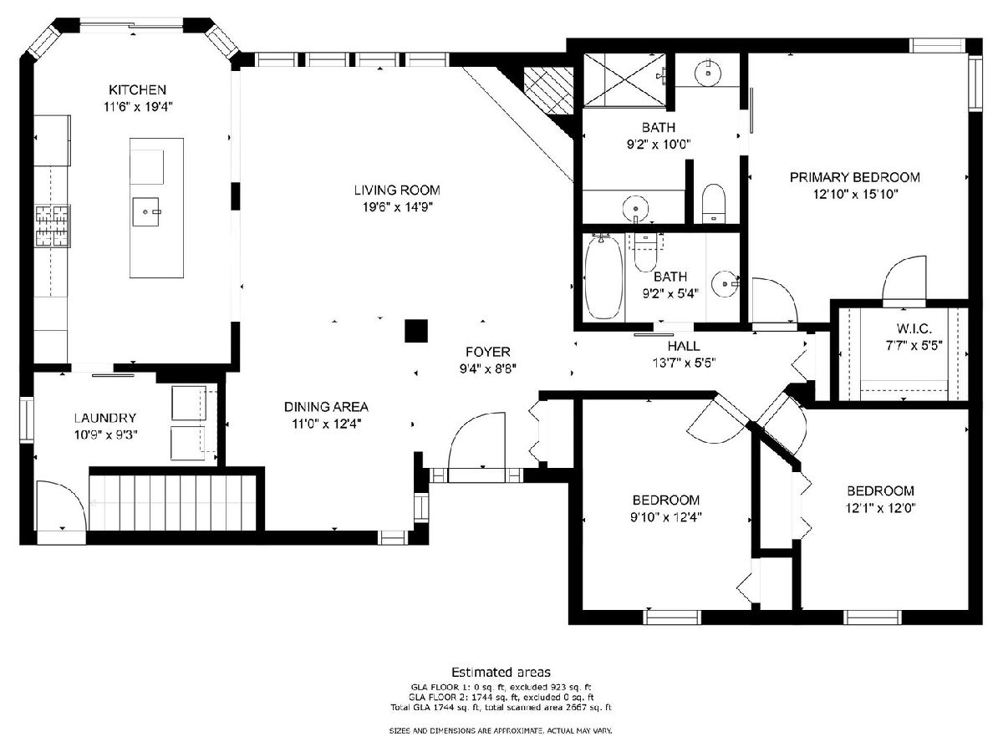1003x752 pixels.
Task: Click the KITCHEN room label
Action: pos(137,89)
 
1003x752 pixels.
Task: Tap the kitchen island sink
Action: pos(145,212)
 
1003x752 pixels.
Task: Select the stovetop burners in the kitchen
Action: pos(53,226)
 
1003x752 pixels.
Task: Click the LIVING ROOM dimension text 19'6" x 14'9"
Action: pos(397,207)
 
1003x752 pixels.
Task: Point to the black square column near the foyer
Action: pos(415,331)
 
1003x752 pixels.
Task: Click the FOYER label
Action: pos(487,352)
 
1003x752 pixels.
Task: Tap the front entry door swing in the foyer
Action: pos(476,447)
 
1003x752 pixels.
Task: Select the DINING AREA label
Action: pos(326,406)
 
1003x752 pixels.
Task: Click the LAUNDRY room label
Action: pos(105,418)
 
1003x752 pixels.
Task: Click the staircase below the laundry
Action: pos(173,503)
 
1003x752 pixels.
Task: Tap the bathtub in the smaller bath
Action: pos(603,277)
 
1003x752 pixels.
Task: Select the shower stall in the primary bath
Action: pos(624,80)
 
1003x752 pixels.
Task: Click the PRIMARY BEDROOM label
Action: pos(855,177)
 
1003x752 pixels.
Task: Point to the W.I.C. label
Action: pos(914,328)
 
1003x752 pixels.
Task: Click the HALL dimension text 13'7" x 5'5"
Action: pos(684,363)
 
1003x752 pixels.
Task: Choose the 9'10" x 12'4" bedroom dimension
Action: pos(666,517)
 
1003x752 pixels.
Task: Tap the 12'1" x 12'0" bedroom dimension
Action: pos(880,508)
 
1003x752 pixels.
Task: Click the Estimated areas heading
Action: pos(501,672)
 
